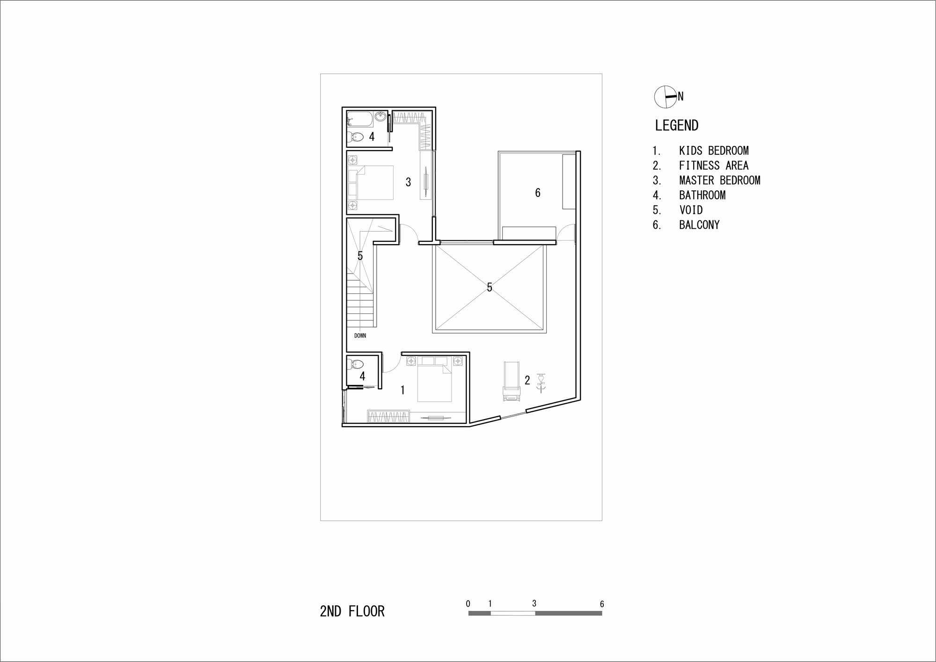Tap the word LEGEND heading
676,125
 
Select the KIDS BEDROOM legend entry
713,151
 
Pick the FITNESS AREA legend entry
713,166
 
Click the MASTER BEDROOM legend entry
719,181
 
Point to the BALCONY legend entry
699,225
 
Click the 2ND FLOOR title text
352,611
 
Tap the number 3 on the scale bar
534,604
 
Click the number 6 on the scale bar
602,604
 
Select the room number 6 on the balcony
538,193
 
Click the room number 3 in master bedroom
408,182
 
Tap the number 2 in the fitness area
527,380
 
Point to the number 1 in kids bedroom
402,390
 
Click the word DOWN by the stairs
360,335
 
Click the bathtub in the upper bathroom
360,119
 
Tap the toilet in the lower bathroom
357,364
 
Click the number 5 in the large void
490,287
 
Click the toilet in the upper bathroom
356,137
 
